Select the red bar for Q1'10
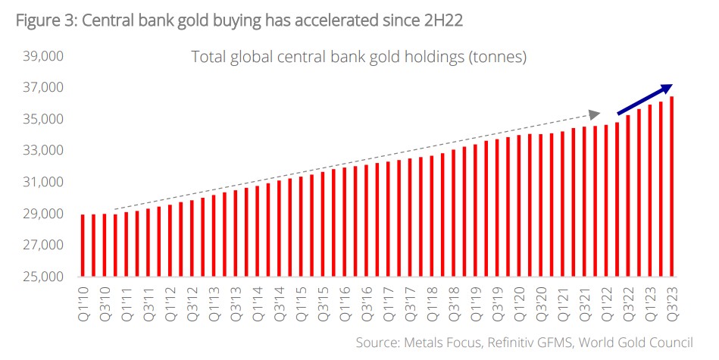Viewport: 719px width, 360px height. coord(82,246)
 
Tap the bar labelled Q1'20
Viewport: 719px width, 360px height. coord(518,205)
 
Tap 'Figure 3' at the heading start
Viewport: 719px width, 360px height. coord(42,20)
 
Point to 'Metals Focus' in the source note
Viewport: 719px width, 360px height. coord(440,342)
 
